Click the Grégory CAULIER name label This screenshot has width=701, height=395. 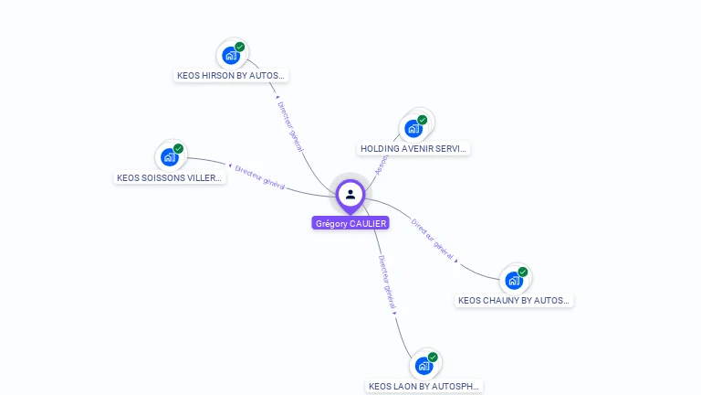[350, 223]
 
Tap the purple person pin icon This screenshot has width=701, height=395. [350, 194]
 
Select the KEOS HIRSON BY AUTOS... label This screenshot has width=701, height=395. [231, 76]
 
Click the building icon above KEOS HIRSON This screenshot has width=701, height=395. [230, 56]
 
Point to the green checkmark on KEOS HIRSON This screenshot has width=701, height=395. [240, 47]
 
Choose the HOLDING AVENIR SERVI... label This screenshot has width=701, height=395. [413, 148]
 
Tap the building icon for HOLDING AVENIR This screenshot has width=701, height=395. [413, 128]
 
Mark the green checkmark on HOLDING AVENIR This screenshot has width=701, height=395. [423, 119]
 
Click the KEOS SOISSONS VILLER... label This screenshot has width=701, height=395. [170, 177]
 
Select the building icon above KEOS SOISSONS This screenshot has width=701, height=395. [169, 157]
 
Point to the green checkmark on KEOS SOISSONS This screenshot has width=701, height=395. [179, 148]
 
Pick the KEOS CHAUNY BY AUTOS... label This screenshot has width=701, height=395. [514, 300]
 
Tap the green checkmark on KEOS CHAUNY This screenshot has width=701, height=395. [523, 272]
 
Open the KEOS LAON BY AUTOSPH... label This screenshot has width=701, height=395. [424, 386]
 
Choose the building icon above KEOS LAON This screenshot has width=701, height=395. [423, 366]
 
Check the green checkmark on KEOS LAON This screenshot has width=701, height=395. [433, 357]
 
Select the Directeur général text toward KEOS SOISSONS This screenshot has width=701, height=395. [260, 177]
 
